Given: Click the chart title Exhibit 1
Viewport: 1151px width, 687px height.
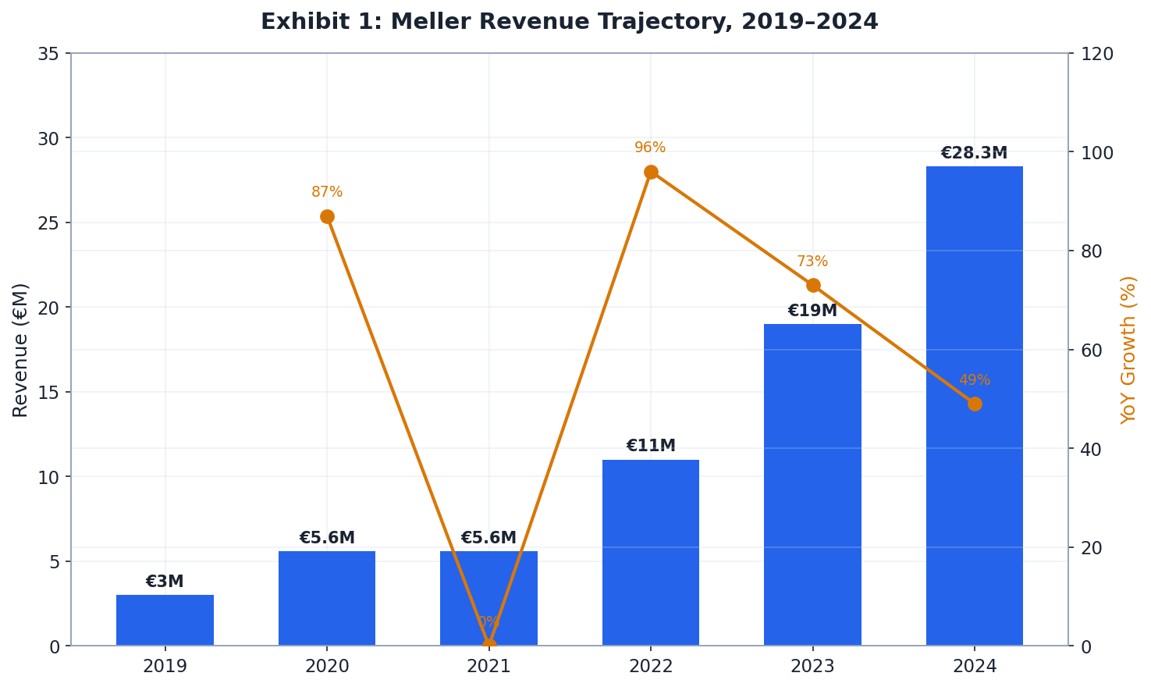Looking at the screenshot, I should coord(569,22).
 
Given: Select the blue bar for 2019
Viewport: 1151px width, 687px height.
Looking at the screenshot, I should coord(165,621).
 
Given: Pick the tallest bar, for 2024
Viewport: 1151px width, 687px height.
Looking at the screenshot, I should coord(974,406).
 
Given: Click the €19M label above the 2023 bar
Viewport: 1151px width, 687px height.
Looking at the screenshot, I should coord(812,311).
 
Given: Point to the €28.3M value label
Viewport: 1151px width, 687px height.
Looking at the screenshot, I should coord(973,153).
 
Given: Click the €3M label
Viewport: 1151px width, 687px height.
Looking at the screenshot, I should coord(165,582).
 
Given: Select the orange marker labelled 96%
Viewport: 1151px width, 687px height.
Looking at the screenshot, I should coord(651,172).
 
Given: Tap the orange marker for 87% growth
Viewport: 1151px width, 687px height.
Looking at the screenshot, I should coord(327,216).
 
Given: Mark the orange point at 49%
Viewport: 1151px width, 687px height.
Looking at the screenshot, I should coord(975,404).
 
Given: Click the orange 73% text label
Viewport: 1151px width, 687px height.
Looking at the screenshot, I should coord(812,262).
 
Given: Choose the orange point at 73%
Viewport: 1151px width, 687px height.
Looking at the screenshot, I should coord(812,285).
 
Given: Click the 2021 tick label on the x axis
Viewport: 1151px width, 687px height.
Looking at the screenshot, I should coord(488,666).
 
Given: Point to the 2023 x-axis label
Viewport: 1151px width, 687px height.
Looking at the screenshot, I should coord(812,666).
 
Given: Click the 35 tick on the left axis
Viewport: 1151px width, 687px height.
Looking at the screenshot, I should coord(48,54).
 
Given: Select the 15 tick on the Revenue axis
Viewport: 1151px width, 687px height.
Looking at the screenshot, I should coord(48,392).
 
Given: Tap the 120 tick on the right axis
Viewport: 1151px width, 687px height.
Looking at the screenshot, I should coord(1096,54).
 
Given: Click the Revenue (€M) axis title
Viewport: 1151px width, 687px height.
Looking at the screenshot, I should coord(21,350).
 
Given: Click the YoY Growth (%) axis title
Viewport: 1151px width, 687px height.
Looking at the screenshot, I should coord(1128,350).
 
